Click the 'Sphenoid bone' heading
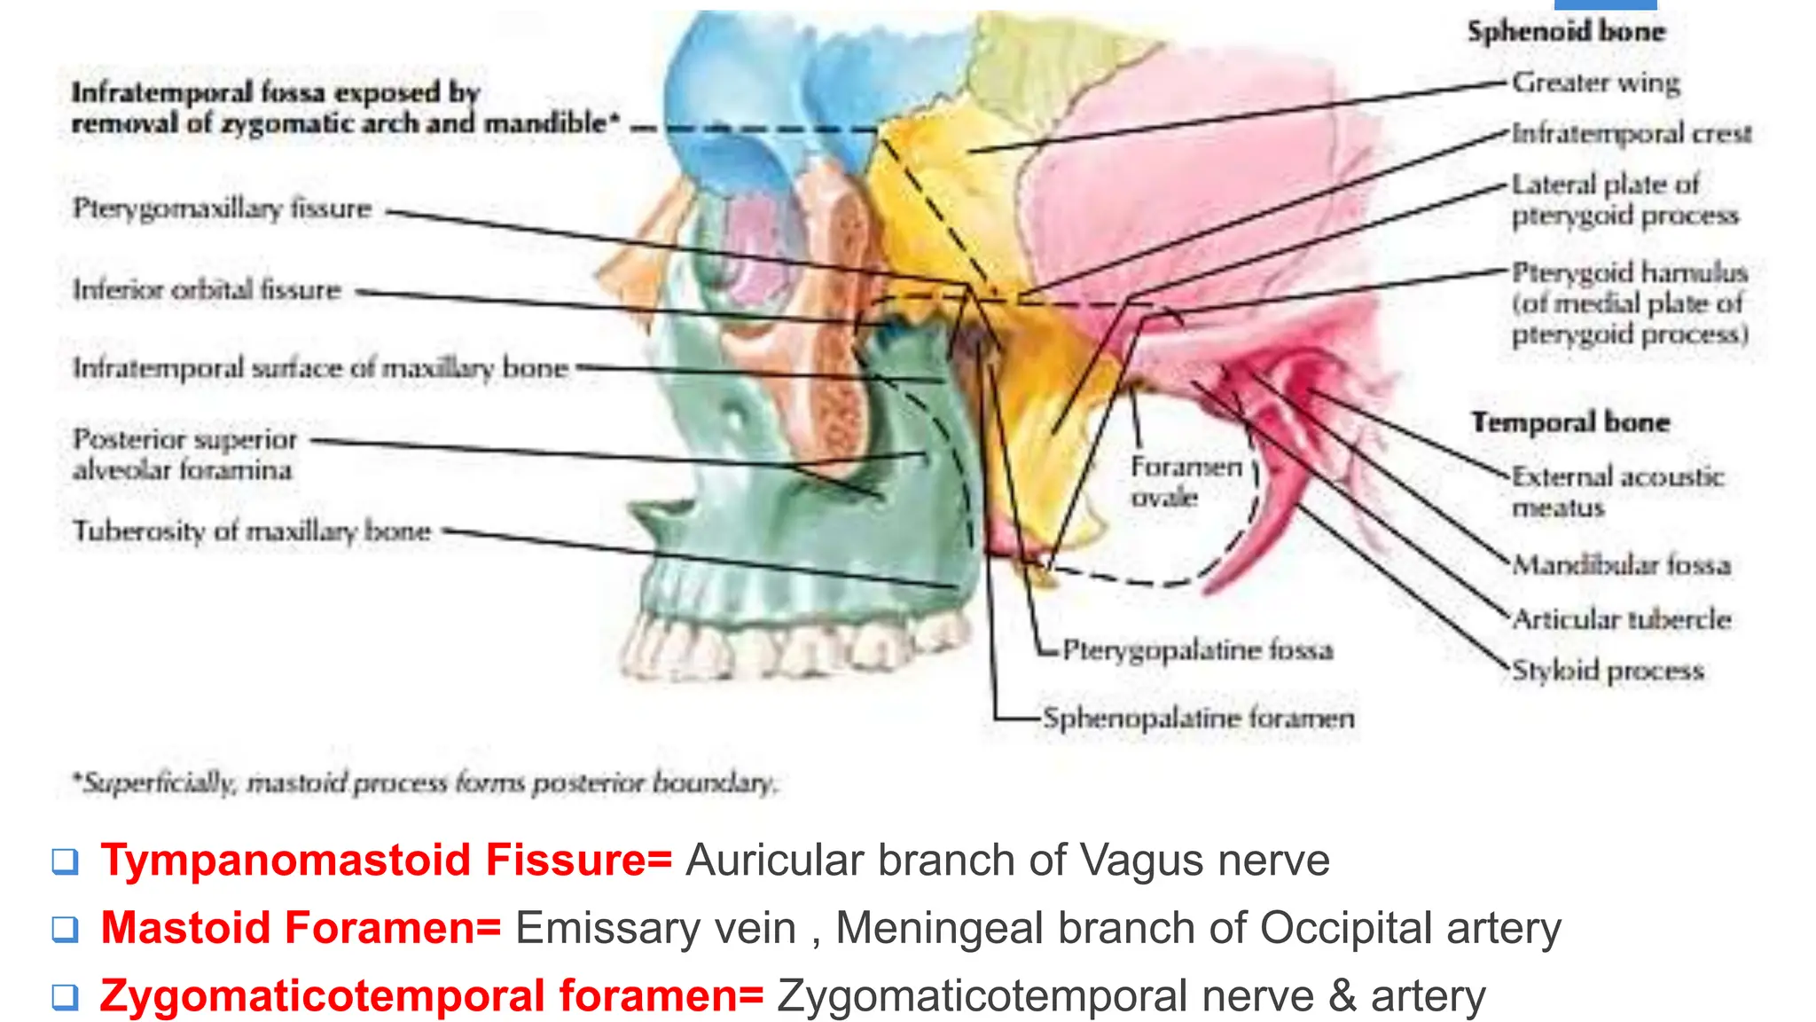point(1566,32)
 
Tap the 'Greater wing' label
point(1595,83)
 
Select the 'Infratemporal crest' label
point(1631,134)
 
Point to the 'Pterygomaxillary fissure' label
point(222,209)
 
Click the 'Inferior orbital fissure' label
point(207,290)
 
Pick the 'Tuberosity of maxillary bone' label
point(252,531)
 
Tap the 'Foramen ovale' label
point(1185,482)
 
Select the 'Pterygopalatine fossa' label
point(1197,650)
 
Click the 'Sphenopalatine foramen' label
point(1198,718)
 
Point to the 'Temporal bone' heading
point(1570,422)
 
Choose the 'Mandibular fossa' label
point(1621,565)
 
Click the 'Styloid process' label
point(1607,671)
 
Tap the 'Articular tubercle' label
point(1621,619)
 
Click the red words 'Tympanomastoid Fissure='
point(387,861)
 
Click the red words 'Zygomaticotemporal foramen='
point(432,996)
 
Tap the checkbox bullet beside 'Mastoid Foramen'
point(65,930)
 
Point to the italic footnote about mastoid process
point(424,783)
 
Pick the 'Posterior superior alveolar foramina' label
point(184,454)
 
